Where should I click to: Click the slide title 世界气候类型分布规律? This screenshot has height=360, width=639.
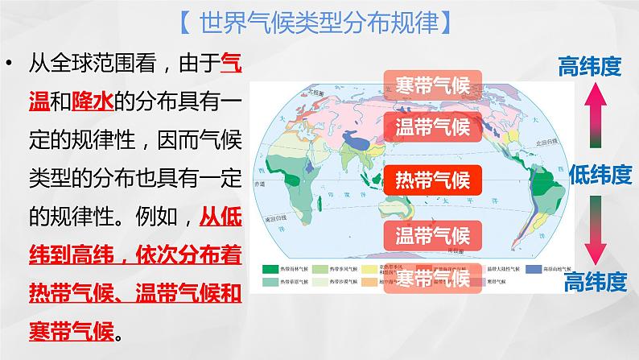point(319,23)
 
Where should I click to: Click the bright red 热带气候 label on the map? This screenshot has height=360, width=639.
point(432,179)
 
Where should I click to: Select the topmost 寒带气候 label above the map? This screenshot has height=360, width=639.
point(432,83)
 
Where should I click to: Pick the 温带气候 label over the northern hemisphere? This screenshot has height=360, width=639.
point(432,126)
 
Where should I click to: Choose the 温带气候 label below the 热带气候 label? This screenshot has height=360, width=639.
point(432,235)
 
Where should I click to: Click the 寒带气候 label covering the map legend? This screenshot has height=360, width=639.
point(432,278)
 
